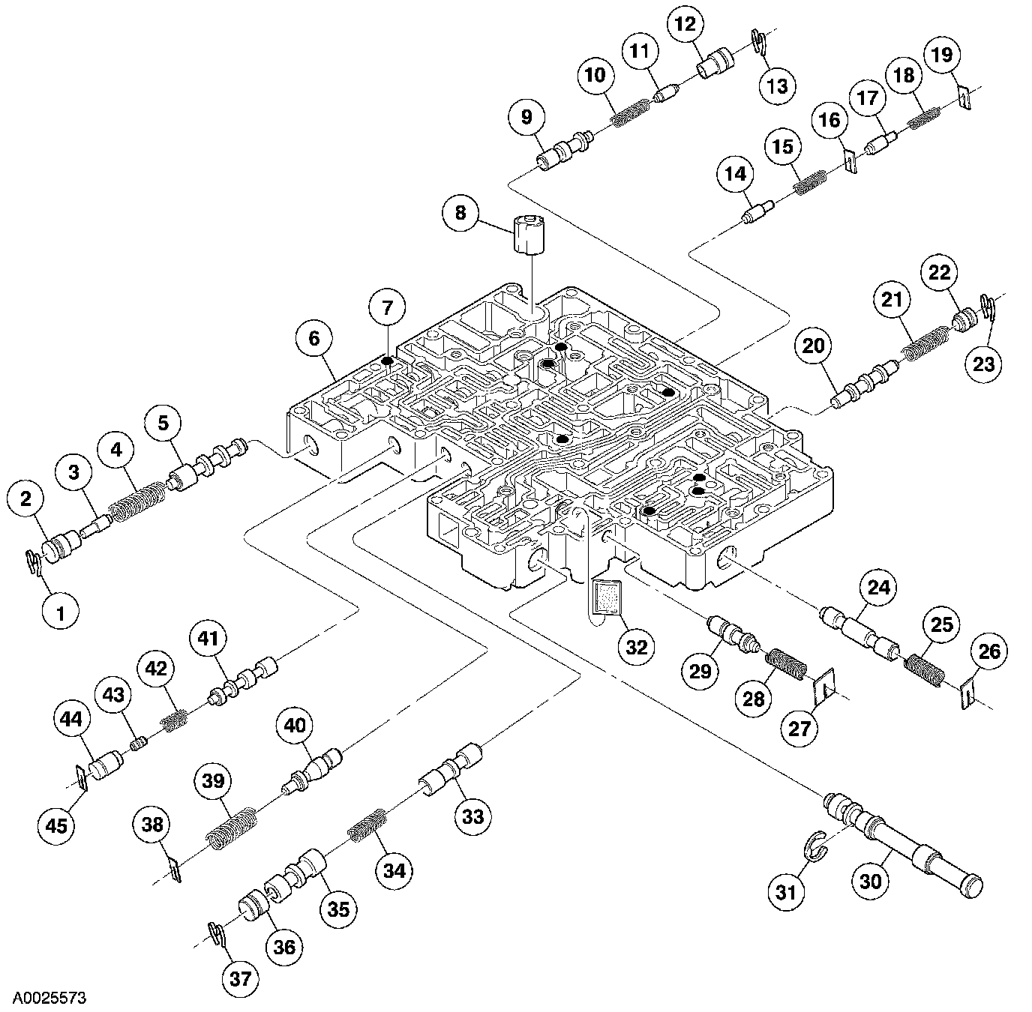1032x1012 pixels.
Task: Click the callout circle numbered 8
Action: (460, 213)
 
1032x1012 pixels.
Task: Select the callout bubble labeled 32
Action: (636, 646)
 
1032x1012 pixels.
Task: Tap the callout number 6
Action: (313, 338)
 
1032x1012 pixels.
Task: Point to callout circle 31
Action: (785, 893)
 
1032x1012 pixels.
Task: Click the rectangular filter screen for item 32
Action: (604, 597)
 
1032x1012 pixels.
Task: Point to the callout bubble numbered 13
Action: (777, 85)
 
